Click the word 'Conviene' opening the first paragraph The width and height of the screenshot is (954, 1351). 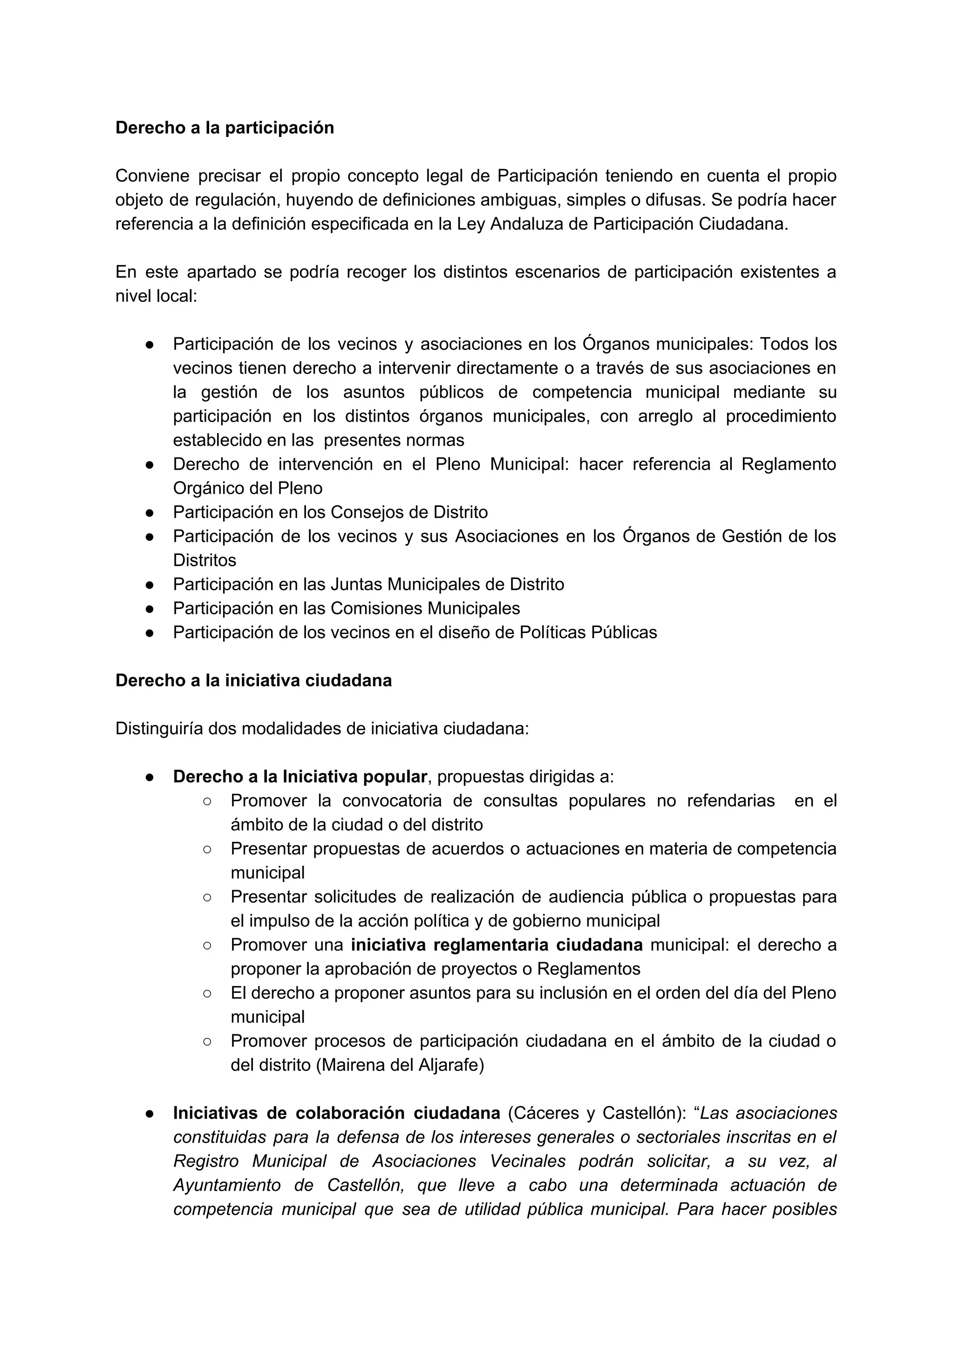[152, 176]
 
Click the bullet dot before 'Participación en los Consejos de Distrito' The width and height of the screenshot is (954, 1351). [150, 512]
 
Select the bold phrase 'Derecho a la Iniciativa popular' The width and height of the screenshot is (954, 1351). [300, 777]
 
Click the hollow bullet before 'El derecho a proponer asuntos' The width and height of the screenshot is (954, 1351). [207, 993]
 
